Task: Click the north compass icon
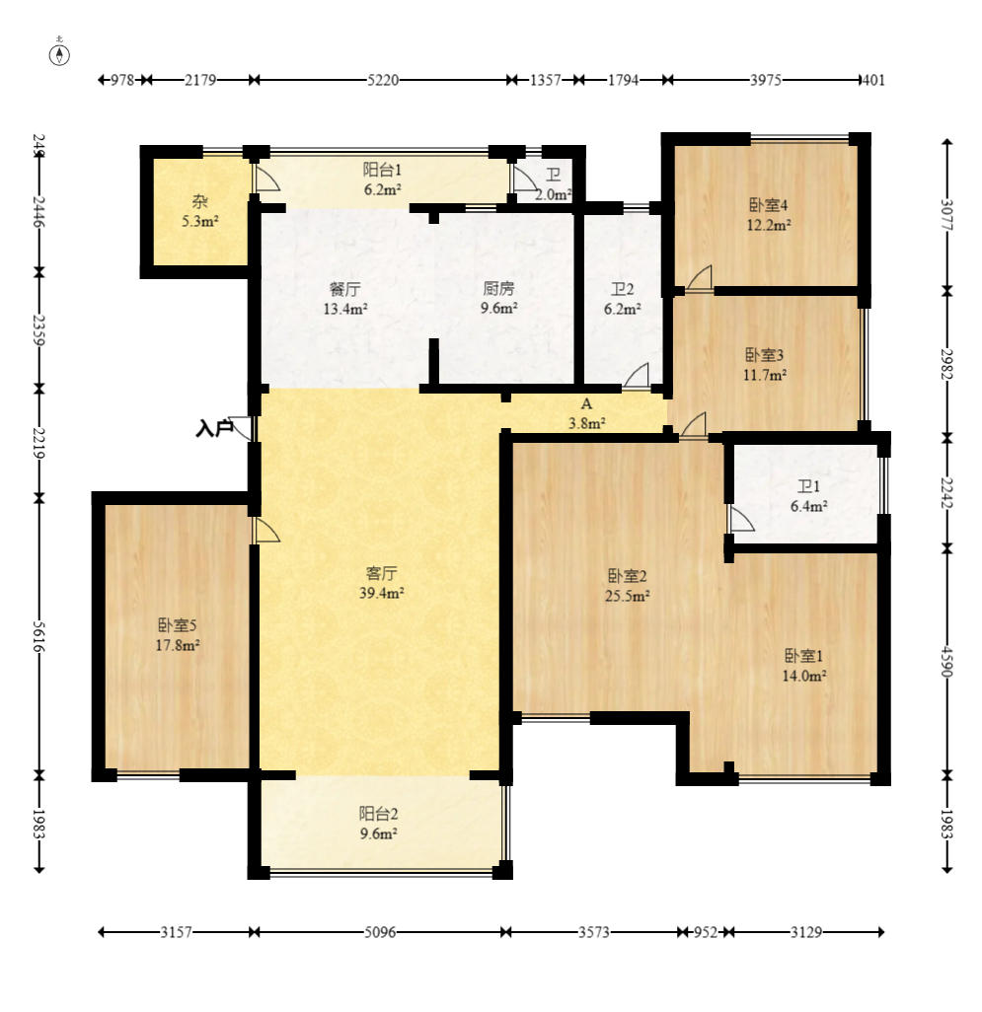[59, 55]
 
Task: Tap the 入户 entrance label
[214, 428]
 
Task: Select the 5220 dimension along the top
[383, 80]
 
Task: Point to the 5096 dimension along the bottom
[380, 932]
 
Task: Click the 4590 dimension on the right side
[947, 661]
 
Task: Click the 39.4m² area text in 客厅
[382, 593]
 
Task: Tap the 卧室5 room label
[178, 624]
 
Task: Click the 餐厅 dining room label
[345, 288]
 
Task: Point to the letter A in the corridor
[586, 404]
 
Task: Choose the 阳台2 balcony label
[378, 813]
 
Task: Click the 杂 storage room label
[200, 201]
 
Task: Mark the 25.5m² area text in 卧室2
[627, 595]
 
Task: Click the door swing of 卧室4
[699, 278]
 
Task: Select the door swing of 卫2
[636, 376]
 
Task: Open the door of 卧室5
[267, 530]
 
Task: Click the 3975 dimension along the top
[766, 80]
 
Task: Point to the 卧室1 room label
[803, 656]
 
